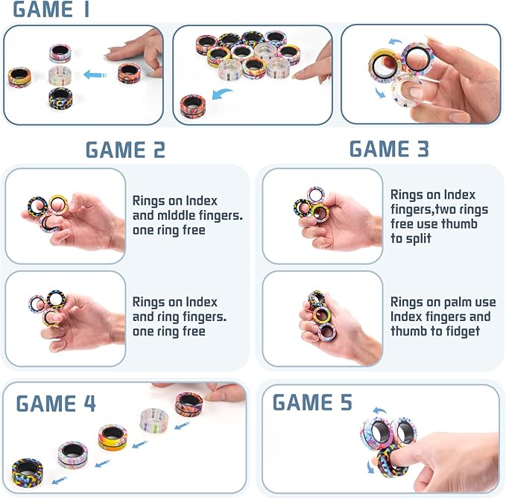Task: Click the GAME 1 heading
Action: click(x=51, y=10)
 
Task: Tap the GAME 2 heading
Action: click(x=125, y=150)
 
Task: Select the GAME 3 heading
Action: click(x=389, y=149)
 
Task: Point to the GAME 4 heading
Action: click(x=56, y=404)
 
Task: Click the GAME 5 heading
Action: click(x=312, y=403)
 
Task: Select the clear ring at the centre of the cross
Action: click(x=60, y=75)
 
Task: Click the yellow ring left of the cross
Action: click(x=19, y=76)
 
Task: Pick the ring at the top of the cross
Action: click(x=60, y=53)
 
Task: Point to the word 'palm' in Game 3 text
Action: click(x=458, y=302)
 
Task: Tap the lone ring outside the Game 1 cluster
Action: click(x=192, y=105)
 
